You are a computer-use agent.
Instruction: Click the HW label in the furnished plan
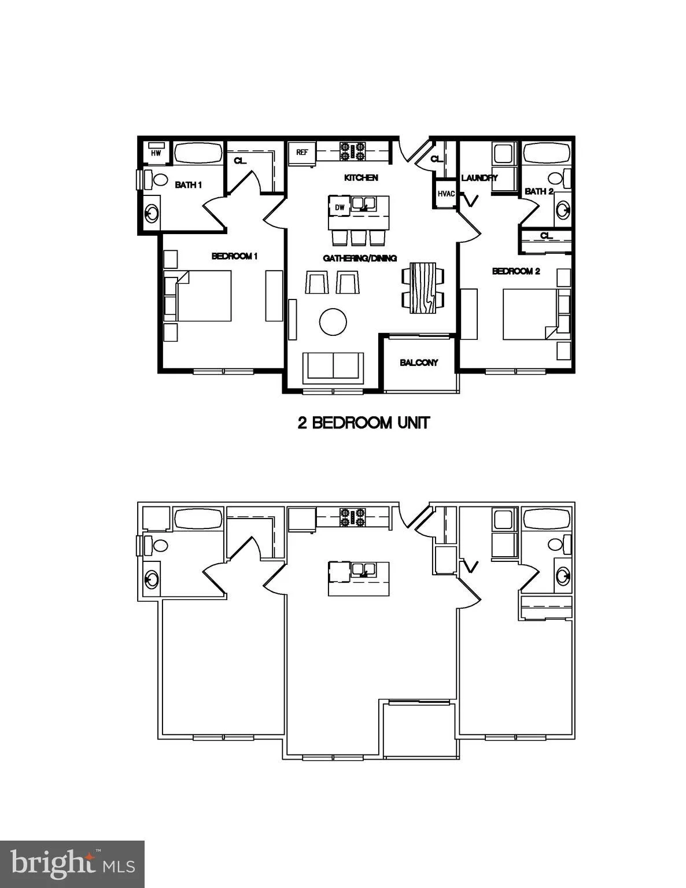pos(156,153)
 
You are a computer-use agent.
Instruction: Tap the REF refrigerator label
pos(301,153)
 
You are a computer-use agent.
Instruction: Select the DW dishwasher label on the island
pos(340,207)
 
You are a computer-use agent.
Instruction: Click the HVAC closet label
pos(446,194)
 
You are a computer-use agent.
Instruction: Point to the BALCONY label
pos(419,362)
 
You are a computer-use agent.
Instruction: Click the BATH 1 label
pos(189,185)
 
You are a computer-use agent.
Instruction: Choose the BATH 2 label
pos(539,191)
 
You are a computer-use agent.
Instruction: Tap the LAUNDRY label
pos(479,177)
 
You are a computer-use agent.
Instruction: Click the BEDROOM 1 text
pos(234,256)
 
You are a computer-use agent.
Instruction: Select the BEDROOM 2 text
pos(516,271)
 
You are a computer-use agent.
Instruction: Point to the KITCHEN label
pos(361,177)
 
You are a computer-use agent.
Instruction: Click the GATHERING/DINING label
pos(360,258)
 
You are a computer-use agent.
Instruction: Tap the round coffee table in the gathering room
pos(333,321)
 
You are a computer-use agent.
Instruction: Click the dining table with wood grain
pos(423,287)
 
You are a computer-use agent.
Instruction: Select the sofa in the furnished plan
pos(333,367)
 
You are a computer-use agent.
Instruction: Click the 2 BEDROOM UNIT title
pos(364,423)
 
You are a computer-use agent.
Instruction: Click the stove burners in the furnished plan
pos(353,151)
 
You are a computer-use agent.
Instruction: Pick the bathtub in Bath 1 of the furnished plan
pos(198,153)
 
